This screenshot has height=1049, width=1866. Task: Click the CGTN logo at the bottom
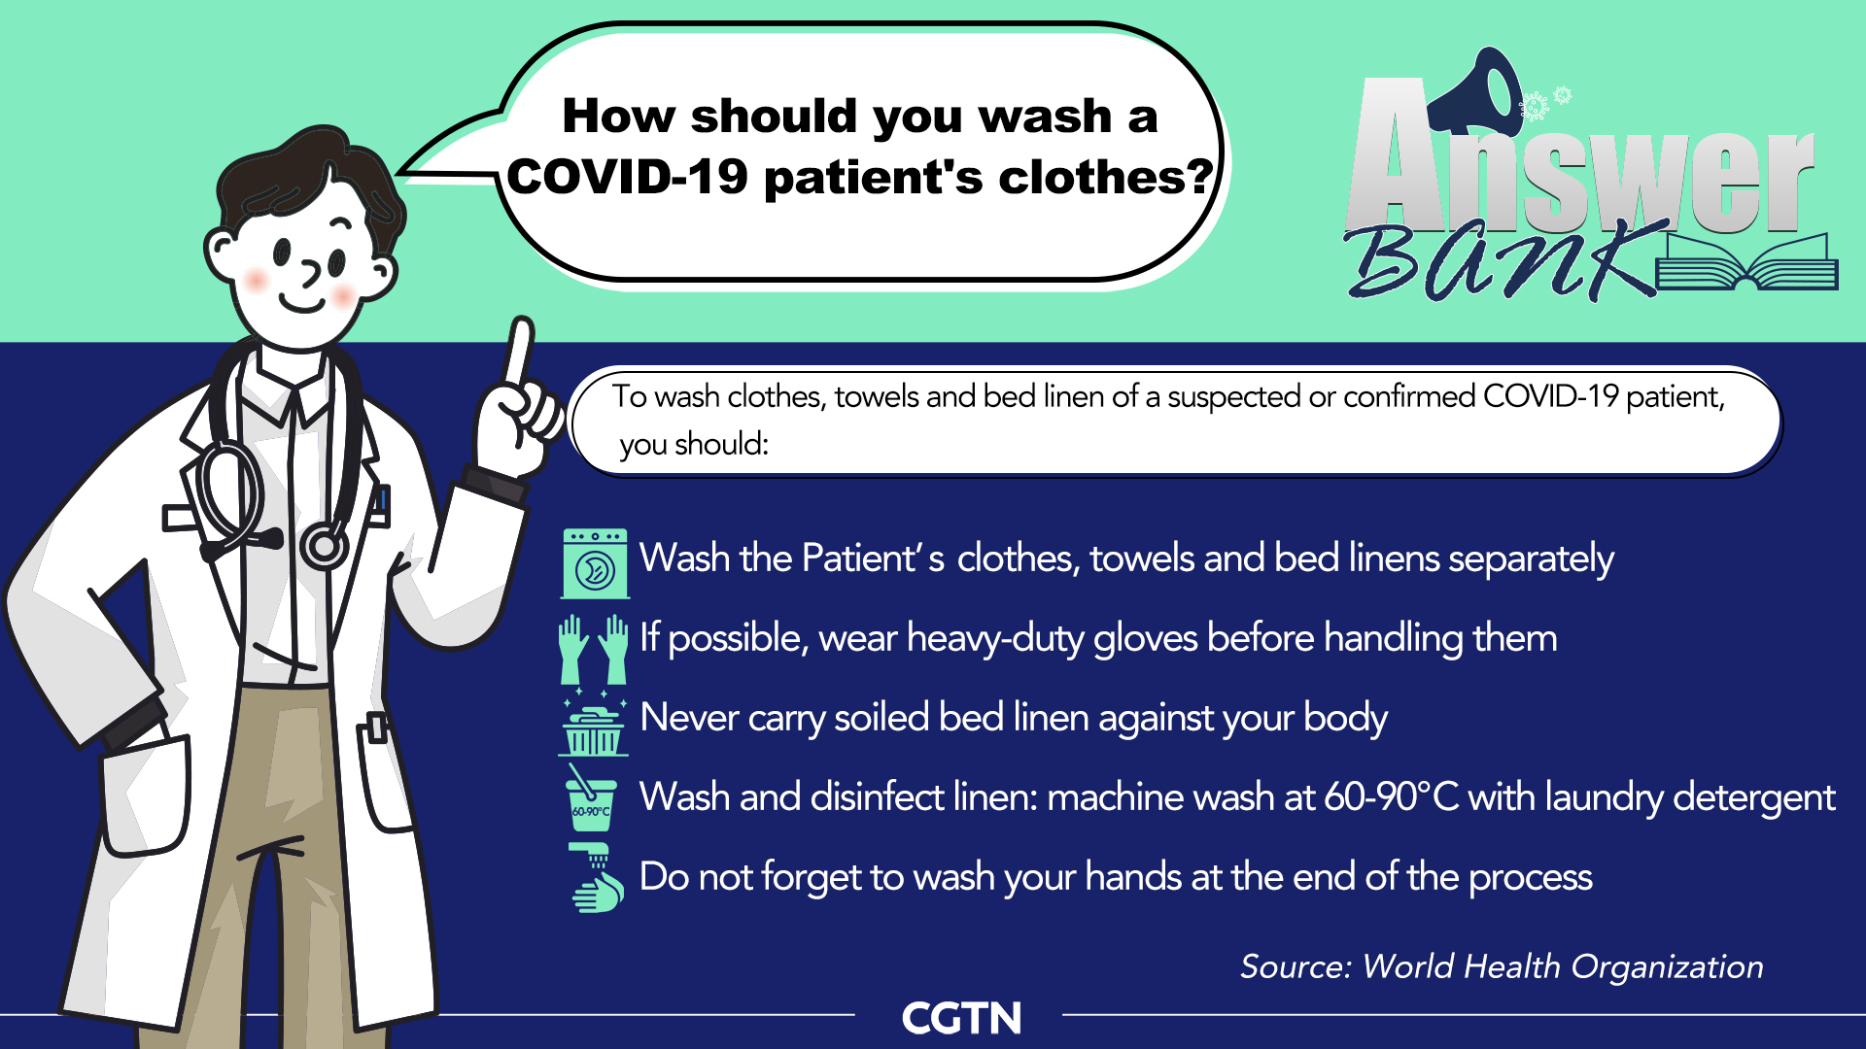[961, 1018]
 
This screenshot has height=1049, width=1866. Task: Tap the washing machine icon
[595, 563]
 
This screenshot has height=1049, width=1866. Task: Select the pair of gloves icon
[593, 650]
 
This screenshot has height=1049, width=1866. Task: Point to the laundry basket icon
[593, 727]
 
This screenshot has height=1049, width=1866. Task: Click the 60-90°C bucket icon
[591, 798]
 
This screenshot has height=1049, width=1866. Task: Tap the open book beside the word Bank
[1746, 264]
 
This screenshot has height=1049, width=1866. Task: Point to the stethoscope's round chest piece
[324, 547]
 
